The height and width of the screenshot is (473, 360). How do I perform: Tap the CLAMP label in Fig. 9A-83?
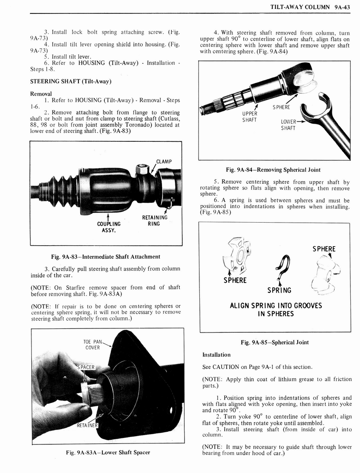click(164, 161)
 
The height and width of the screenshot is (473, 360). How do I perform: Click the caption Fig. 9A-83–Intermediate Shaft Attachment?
click(106, 256)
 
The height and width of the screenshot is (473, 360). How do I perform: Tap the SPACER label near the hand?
click(85, 367)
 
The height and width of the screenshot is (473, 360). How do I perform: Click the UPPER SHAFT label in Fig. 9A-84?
click(249, 117)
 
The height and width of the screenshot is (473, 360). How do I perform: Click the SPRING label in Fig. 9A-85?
click(279, 290)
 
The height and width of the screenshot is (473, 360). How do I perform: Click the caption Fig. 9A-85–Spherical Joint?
click(275, 342)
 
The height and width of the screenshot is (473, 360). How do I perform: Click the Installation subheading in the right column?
click(216, 355)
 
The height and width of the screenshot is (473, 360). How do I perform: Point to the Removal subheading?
click(41, 93)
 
